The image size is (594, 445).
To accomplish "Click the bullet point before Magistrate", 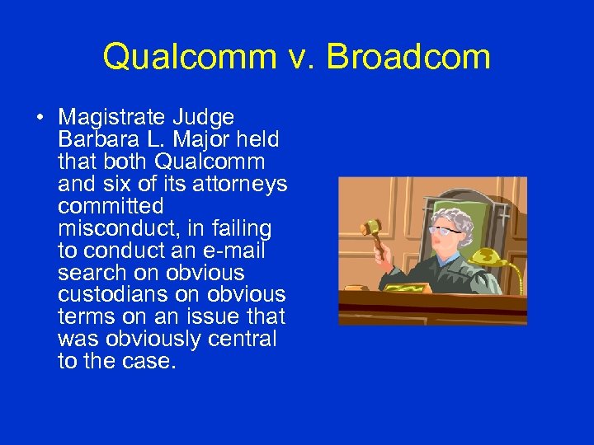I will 40,118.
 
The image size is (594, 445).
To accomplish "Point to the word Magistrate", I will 111,118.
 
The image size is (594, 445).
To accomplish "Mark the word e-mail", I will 234,251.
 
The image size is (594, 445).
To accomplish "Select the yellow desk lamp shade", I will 488,257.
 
